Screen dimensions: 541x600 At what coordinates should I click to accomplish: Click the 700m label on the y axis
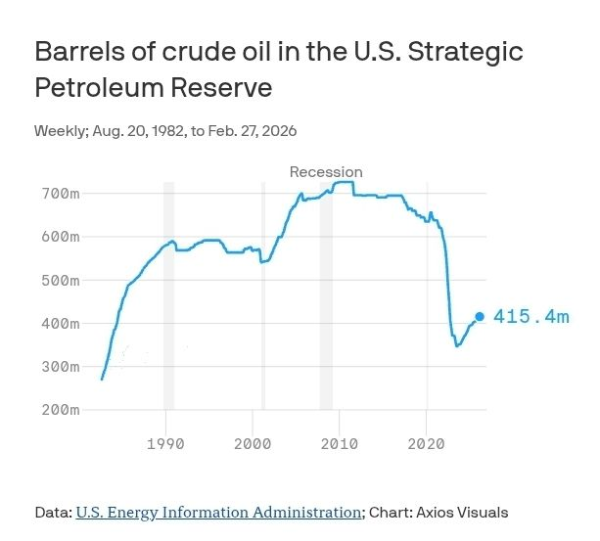(60, 194)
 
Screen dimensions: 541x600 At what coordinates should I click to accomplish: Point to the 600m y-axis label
(60, 237)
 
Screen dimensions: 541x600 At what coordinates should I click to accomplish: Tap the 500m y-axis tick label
(60, 280)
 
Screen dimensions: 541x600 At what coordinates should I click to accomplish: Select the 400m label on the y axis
(60, 323)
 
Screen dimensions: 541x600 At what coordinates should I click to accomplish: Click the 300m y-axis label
(60, 366)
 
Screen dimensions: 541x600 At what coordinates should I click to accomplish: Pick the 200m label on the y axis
(60, 409)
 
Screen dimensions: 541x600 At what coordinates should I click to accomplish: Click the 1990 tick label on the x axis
(165, 444)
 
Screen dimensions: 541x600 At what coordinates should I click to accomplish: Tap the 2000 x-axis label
(253, 444)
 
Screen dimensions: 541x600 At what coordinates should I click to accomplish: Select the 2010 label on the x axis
(340, 444)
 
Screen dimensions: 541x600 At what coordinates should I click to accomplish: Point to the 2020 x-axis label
(427, 444)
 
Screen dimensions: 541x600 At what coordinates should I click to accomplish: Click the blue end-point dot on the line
(480, 317)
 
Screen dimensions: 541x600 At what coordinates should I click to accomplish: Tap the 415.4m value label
(531, 317)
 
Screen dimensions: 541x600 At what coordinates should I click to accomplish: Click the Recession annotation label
(326, 172)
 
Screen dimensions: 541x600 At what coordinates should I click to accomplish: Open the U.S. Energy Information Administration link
(218, 512)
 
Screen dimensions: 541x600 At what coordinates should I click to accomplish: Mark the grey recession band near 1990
(168, 293)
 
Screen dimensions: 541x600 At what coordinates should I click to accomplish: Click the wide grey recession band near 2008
(326, 293)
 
